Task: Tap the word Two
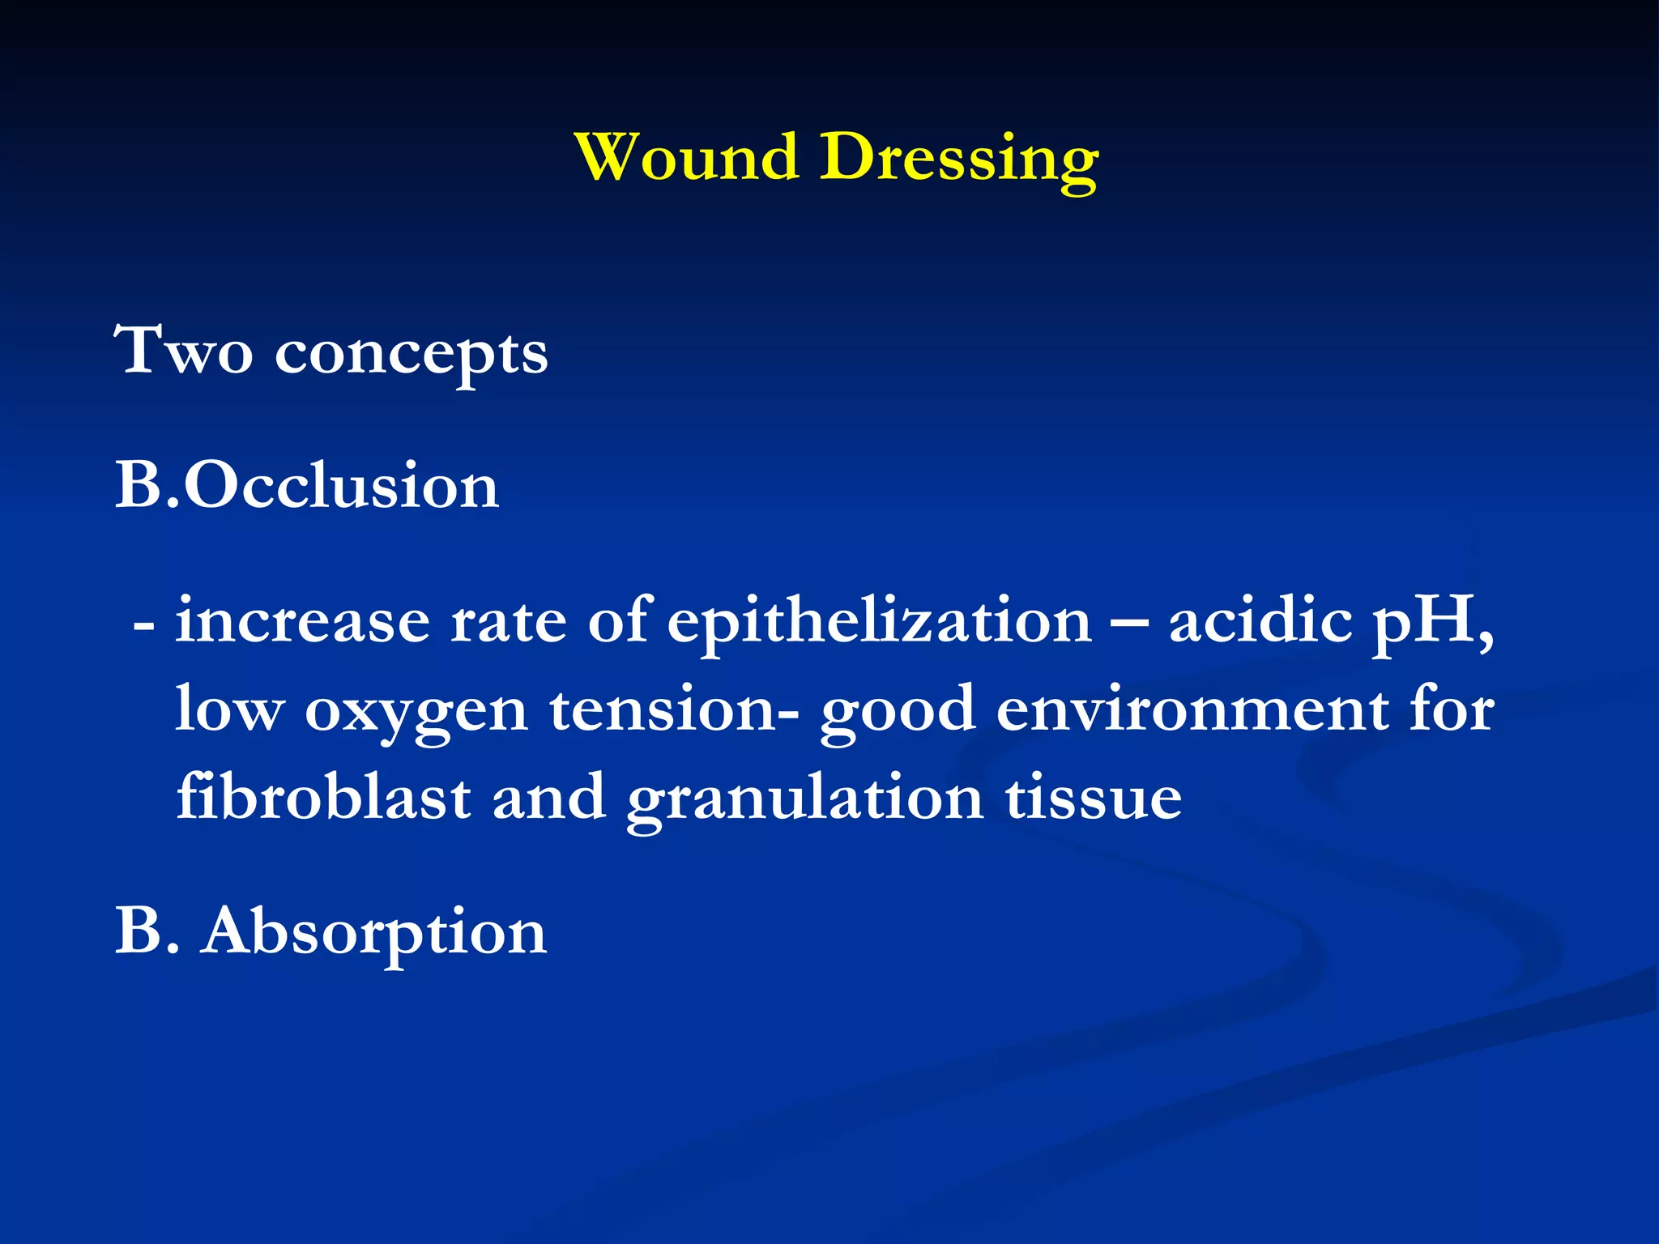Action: [x=183, y=351]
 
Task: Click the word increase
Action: [x=302, y=621]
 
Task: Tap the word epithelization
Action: [x=880, y=624]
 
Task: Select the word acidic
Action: [x=1260, y=621]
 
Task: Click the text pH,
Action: [x=1433, y=624]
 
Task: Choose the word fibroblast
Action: [x=323, y=798]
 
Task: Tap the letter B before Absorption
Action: [x=137, y=931]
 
